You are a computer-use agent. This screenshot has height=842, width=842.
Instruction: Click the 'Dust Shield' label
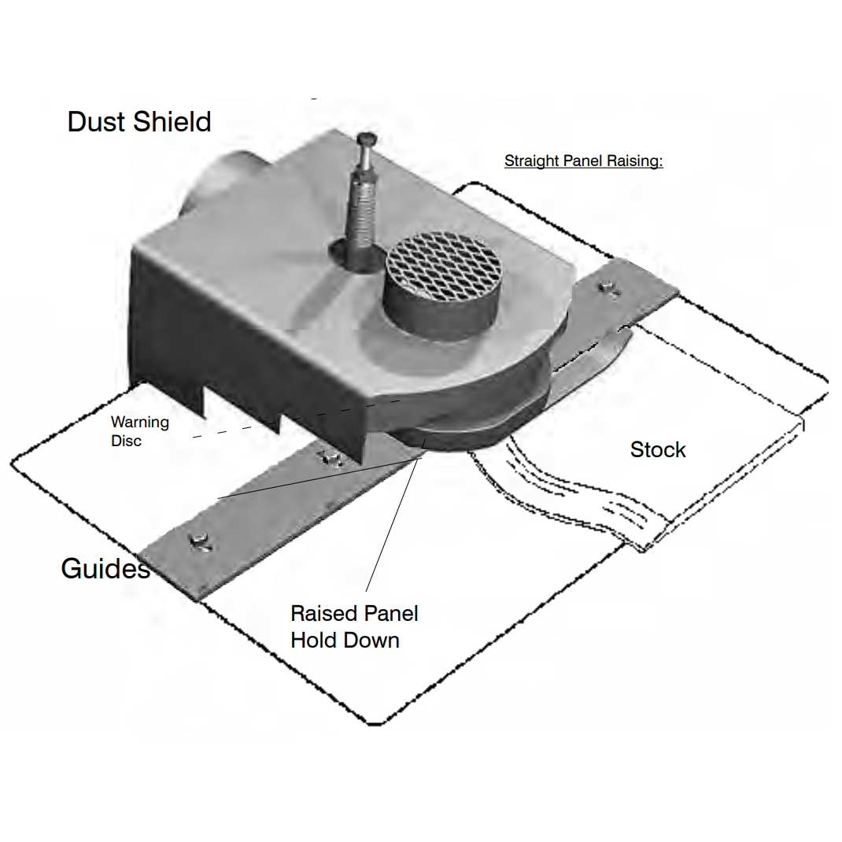pyautogui.click(x=139, y=122)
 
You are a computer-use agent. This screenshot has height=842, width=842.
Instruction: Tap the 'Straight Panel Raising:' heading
pyautogui.click(x=584, y=161)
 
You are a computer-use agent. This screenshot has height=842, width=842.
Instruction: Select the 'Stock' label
pyautogui.click(x=658, y=449)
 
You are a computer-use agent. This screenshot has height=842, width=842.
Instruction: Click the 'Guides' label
pyautogui.click(x=105, y=568)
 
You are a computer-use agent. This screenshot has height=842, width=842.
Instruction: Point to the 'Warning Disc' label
pyautogui.click(x=139, y=431)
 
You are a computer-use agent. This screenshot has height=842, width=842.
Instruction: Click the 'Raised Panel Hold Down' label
pyautogui.click(x=354, y=626)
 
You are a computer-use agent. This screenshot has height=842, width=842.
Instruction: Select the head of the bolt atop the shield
pyautogui.click(x=367, y=138)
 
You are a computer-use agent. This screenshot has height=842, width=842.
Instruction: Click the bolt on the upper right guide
pyautogui.click(x=608, y=289)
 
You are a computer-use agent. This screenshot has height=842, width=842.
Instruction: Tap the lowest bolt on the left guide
pyautogui.click(x=201, y=542)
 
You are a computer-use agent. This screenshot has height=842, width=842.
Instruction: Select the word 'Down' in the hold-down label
pyautogui.click(x=371, y=640)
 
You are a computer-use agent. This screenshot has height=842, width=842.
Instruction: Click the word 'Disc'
pyautogui.click(x=126, y=441)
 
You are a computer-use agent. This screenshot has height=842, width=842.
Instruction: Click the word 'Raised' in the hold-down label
pyautogui.click(x=324, y=613)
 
